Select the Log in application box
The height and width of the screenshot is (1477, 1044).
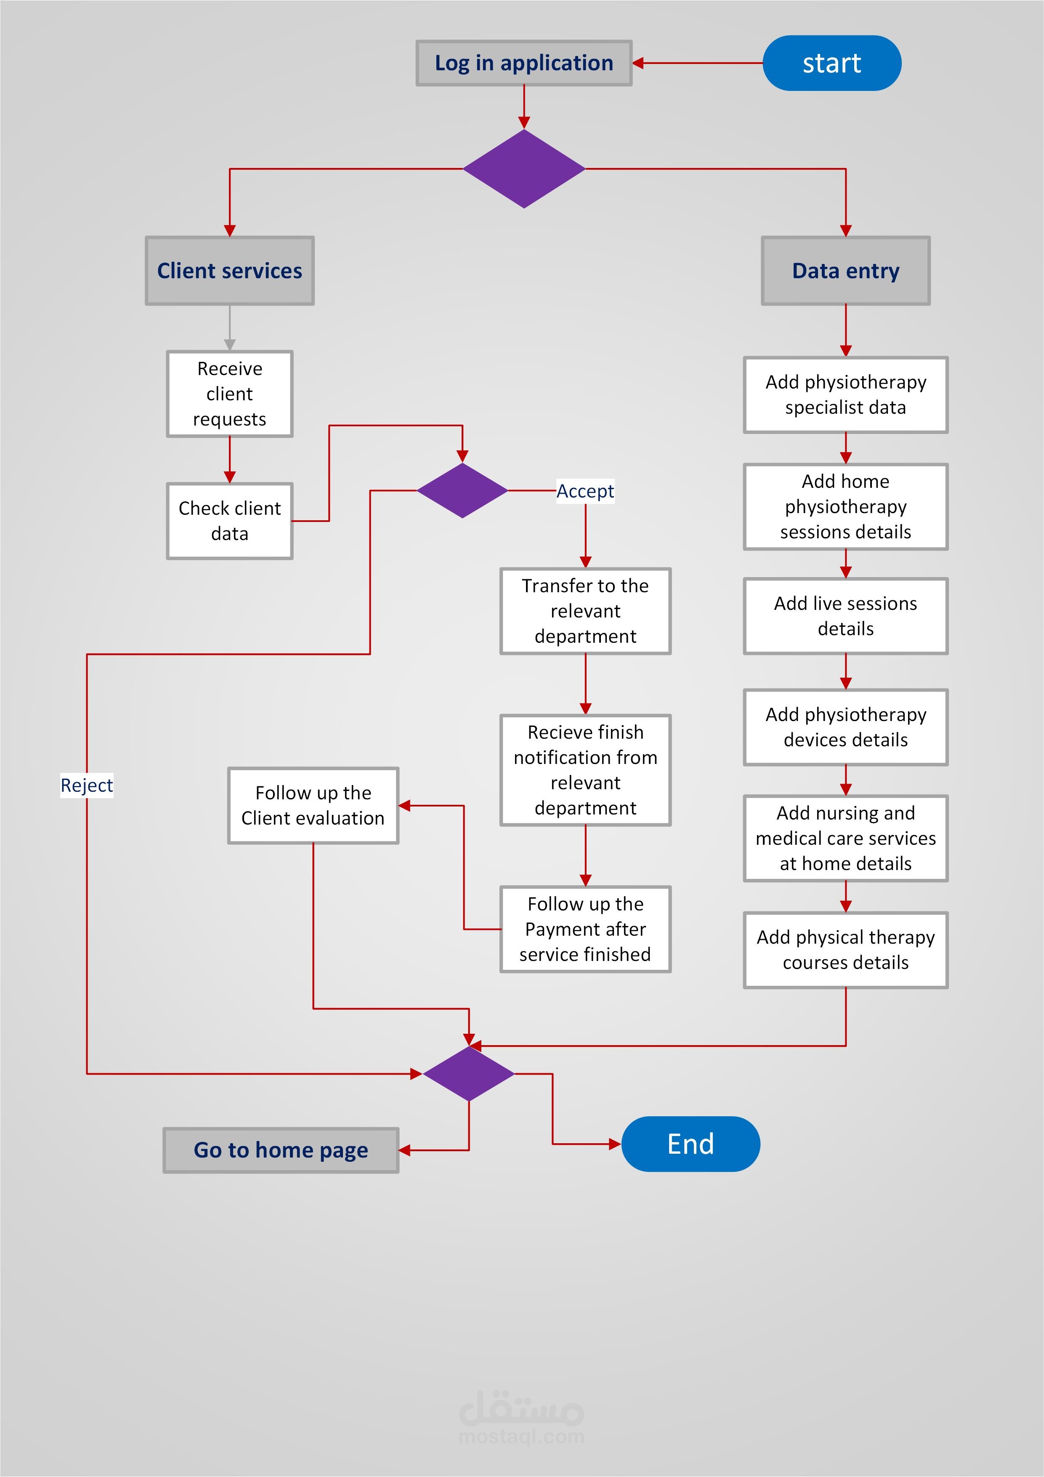(523, 63)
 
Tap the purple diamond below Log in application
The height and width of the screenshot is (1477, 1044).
(523, 168)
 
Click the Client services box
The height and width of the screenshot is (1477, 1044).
(230, 271)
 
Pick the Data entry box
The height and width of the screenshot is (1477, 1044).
(845, 271)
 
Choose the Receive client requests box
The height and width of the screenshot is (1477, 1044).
(230, 394)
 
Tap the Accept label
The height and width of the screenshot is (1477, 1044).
(585, 491)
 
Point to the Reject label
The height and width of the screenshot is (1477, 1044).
(87, 785)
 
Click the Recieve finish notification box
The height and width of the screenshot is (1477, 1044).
(585, 769)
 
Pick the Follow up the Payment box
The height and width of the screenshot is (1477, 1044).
(585, 929)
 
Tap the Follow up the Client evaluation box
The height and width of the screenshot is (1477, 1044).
(313, 805)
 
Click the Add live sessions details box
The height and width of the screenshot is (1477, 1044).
(845, 616)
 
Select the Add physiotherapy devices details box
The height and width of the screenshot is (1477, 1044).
(845, 727)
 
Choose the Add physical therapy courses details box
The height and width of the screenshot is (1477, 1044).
(845, 950)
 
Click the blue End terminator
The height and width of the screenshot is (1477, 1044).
(690, 1144)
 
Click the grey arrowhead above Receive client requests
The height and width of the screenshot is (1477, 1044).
(230, 344)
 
